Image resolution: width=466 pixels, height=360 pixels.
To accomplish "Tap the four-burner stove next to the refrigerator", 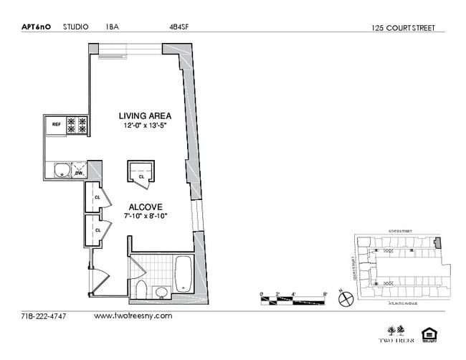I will click(77, 125).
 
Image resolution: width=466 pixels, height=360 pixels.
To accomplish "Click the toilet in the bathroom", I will click(141, 290).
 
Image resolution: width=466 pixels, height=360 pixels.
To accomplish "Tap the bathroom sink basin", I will click(162, 292).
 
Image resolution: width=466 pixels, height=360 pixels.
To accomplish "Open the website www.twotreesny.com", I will click(133, 316).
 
